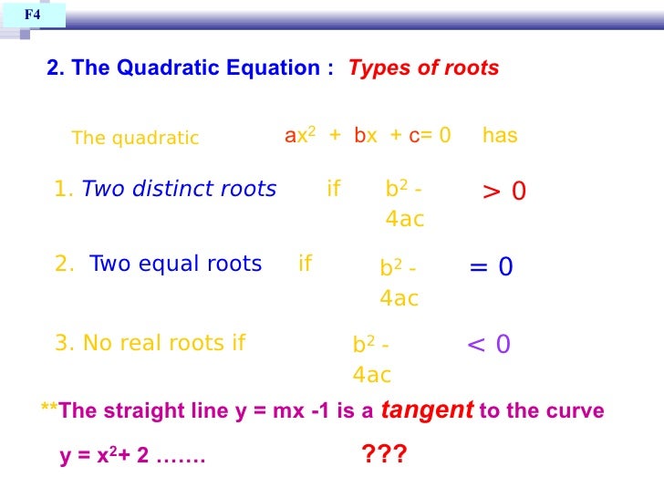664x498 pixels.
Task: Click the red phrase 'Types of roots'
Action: (423, 68)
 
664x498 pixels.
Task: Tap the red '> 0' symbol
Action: (503, 191)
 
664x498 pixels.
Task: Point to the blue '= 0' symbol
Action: (491, 266)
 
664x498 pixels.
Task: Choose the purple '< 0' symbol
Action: (488, 344)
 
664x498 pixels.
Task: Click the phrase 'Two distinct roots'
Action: (179, 189)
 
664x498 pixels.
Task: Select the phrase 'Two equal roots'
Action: (175, 264)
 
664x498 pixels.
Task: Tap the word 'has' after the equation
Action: (500, 136)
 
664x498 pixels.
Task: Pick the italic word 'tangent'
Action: (426, 410)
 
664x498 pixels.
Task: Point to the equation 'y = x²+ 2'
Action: (104, 456)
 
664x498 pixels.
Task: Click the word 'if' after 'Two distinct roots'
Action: (333, 189)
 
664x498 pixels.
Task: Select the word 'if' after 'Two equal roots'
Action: (305, 264)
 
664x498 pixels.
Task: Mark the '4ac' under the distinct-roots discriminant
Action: (405, 220)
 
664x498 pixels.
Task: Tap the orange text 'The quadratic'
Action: (135, 139)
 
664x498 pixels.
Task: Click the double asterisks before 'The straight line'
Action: (49, 410)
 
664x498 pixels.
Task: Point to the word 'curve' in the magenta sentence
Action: (578, 411)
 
